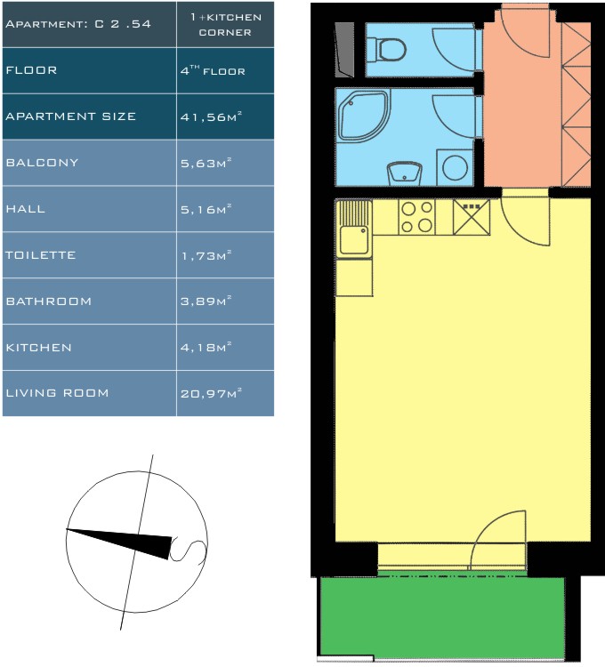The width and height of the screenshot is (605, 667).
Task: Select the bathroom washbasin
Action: coord(404,173)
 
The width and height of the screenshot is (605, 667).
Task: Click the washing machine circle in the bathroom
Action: coord(456,167)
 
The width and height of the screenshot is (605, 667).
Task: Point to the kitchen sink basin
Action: coord(354,241)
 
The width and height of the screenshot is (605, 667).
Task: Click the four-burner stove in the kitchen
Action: coord(417,217)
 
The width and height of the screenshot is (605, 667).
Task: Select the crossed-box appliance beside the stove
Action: coord(472,217)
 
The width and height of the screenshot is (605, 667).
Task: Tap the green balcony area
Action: coord(442,616)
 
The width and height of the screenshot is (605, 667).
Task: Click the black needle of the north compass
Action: coord(119,542)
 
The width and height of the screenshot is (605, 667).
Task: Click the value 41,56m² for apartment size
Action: coord(211,117)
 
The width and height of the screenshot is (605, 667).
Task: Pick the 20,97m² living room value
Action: coord(211,393)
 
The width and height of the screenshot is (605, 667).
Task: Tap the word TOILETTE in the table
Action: coord(40,255)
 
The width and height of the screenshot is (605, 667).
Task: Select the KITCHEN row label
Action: coord(39,348)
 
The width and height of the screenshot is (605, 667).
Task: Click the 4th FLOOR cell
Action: coord(213,70)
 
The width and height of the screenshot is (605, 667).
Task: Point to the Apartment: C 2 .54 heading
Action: coord(78,24)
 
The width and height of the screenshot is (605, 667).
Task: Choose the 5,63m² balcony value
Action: coord(206,163)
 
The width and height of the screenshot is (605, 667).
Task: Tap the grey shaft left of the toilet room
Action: coord(344,50)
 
